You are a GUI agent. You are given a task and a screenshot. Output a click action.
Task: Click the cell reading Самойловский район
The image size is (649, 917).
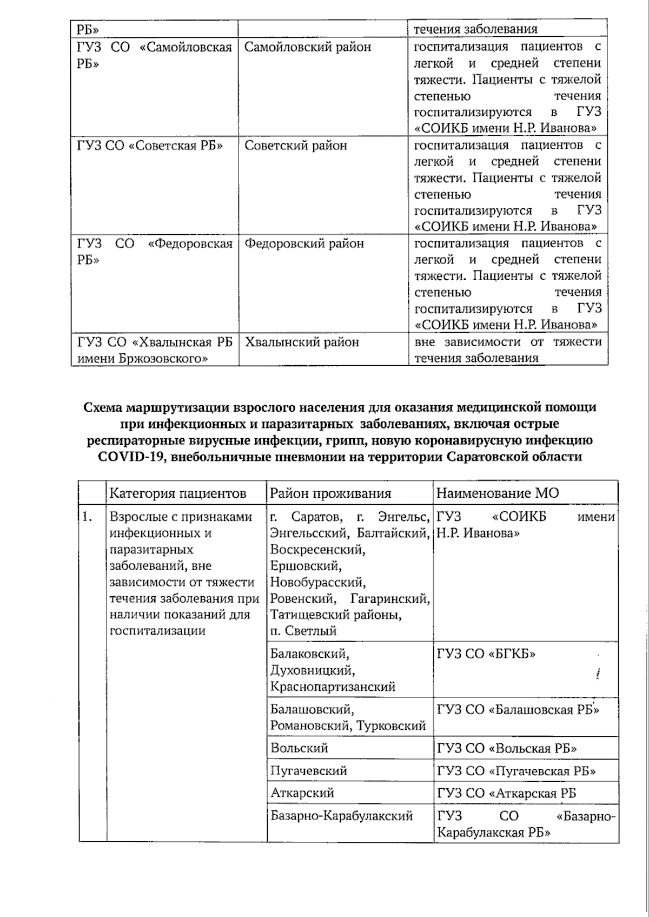coord(307,47)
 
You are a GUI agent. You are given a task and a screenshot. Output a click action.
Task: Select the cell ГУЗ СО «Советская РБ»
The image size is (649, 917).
coord(150,146)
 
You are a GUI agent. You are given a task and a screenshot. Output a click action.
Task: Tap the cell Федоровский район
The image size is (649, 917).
coord(304,244)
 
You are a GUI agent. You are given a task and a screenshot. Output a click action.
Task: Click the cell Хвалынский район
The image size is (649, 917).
coord(302,342)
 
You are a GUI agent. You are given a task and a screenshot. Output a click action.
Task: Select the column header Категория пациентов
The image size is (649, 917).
coord(178,493)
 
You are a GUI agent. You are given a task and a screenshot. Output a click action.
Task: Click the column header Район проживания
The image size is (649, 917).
coord(330,493)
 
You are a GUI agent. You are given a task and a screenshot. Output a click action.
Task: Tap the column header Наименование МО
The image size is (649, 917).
coord(498,493)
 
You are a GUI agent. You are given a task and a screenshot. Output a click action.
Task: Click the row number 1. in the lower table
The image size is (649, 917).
coord(87,517)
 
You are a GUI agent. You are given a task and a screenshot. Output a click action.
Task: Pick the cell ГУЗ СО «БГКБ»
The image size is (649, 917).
coord(486,654)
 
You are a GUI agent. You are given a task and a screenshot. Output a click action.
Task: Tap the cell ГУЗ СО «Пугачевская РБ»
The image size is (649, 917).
coord(516,771)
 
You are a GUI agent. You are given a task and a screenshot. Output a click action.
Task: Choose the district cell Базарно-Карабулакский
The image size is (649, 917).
coord(341,816)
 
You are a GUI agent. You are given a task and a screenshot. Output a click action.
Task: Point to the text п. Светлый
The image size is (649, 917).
coord(303,631)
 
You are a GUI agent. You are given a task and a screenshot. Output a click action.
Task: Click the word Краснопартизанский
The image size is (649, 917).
coord(333,687)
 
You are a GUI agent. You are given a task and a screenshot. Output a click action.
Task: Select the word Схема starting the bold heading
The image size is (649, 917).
coord(104,407)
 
